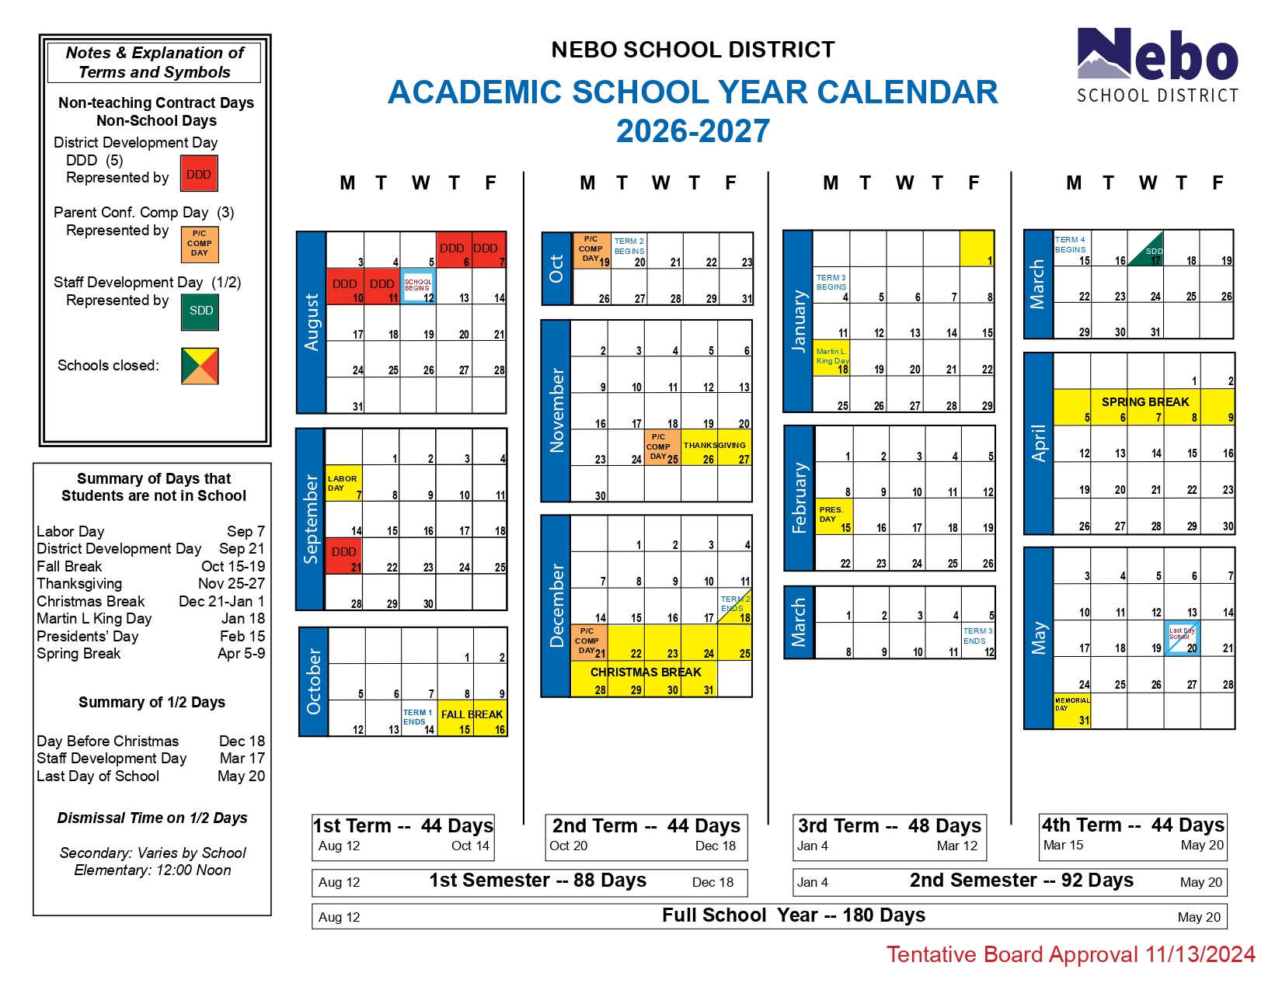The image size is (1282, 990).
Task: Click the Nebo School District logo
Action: pyautogui.click(x=1157, y=65)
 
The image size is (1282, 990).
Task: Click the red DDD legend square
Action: pyautogui.click(x=199, y=174)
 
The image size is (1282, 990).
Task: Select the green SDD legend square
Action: pyautogui.click(x=200, y=311)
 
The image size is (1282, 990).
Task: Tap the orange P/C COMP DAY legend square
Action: pyautogui.click(x=200, y=244)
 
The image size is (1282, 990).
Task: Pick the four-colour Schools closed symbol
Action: pyautogui.click(x=200, y=366)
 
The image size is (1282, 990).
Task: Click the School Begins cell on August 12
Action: pyautogui.click(x=418, y=287)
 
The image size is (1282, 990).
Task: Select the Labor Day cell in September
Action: pyautogui.click(x=343, y=484)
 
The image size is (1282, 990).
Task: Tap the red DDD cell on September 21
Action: pyautogui.click(x=343, y=556)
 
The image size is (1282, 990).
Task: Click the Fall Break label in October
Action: pyautogui.click(x=472, y=714)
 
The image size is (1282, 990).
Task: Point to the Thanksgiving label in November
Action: pyautogui.click(x=714, y=445)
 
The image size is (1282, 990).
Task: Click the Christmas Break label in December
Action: pyautogui.click(x=646, y=672)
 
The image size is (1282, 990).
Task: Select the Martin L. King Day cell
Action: pyautogui.click(x=831, y=358)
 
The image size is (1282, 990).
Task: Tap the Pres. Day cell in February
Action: pyautogui.click(x=834, y=516)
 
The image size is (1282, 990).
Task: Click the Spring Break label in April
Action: pyautogui.click(x=1144, y=402)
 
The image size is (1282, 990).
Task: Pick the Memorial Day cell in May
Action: pyautogui.click(x=1072, y=710)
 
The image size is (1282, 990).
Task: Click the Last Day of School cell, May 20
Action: pyautogui.click(x=1183, y=637)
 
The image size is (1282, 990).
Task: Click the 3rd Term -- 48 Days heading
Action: pyautogui.click(x=890, y=826)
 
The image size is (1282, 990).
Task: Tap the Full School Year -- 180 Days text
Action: pyautogui.click(x=793, y=916)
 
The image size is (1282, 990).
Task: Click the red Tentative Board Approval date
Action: pyautogui.click(x=1071, y=955)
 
